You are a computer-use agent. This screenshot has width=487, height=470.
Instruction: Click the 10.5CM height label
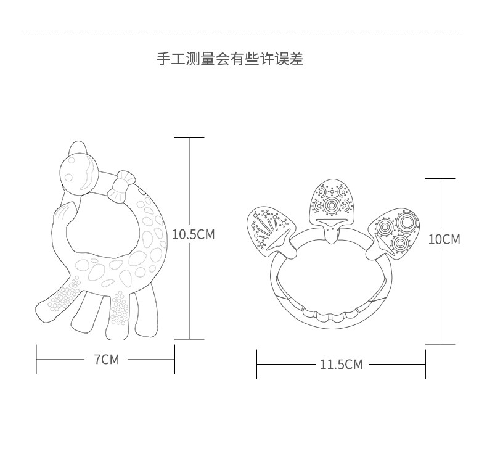[x=193, y=234]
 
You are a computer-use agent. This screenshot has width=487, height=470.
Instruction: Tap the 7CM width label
[x=106, y=359]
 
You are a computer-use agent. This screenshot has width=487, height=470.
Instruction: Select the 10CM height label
[x=444, y=239]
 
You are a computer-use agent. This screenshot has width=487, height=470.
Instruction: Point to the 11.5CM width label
[x=341, y=364]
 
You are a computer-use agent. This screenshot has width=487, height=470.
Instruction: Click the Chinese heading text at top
[x=230, y=59]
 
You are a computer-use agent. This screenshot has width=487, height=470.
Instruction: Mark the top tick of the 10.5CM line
[x=189, y=138]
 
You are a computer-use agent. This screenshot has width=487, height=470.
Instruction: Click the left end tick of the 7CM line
[x=36, y=359]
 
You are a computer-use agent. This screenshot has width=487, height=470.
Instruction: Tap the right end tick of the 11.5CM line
[x=425, y=364]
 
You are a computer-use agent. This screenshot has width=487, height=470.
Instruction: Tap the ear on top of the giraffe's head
[x=76, y=148]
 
